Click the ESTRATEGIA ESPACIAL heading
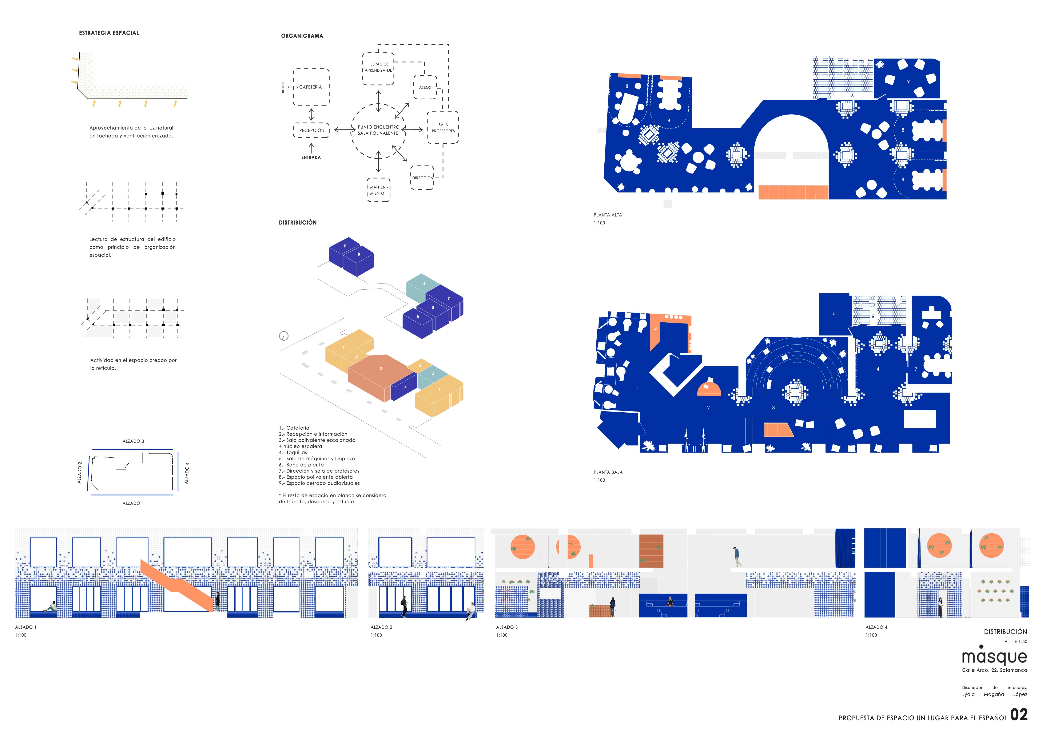point(109,33)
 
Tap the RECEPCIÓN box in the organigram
point(312,130)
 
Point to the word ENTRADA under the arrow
point(311,157)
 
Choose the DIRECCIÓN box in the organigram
point(422,178)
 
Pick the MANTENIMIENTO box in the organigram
point(378,190)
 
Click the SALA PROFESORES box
point(443,128)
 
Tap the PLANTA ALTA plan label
point(607,215)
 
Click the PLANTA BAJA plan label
point(608,472)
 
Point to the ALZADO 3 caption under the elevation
point(507,627)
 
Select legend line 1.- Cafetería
point(294,428)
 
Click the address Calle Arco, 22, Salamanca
point(994,670)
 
